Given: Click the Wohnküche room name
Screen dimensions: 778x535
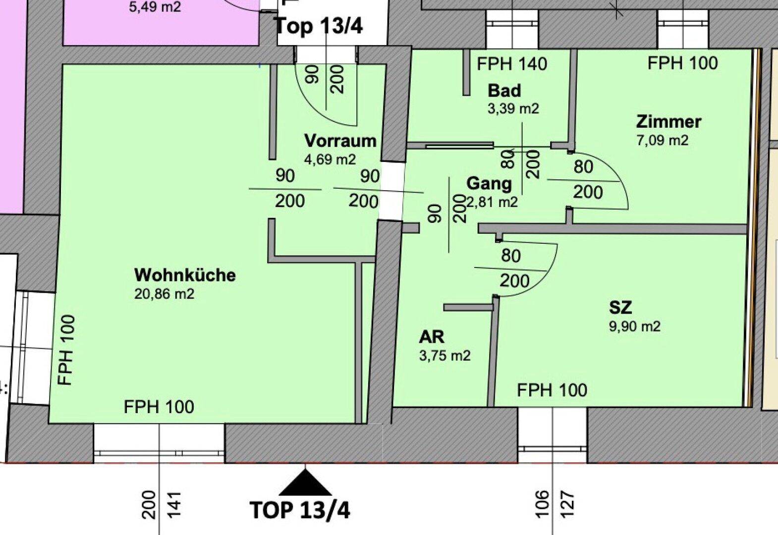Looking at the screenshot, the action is click(185, 275).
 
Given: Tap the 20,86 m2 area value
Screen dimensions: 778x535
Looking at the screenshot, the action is click(164, 294).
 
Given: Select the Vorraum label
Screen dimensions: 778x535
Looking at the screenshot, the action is click(340, 141).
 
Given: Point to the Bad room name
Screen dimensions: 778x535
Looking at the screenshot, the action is click(504, 91).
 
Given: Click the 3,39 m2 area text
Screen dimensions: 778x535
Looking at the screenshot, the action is click(513, 109).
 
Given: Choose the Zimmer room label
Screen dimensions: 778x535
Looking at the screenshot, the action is click(668, 122).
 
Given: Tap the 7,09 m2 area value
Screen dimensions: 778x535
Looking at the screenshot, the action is click(663, 141).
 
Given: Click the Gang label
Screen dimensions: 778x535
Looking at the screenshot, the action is click(489, 184).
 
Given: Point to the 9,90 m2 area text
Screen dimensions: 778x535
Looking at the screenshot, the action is click(635, 326).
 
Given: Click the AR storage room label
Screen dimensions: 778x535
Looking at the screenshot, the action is click(432, 337).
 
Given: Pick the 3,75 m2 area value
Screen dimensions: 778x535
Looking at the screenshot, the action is click(445, 356).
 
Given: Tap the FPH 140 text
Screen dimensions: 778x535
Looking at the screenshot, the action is click(512, 64).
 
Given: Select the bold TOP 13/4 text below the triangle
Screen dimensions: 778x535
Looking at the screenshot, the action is click(300, 510).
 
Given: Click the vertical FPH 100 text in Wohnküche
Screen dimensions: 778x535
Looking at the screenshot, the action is click(66, 350).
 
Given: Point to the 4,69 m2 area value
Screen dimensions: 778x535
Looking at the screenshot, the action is click(330, 160).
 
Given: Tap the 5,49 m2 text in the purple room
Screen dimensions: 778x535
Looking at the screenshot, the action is click(155, 7).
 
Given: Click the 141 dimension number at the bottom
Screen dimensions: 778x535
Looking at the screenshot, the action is click(174, 505).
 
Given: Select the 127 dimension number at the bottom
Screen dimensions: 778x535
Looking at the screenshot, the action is click(567, 504).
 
